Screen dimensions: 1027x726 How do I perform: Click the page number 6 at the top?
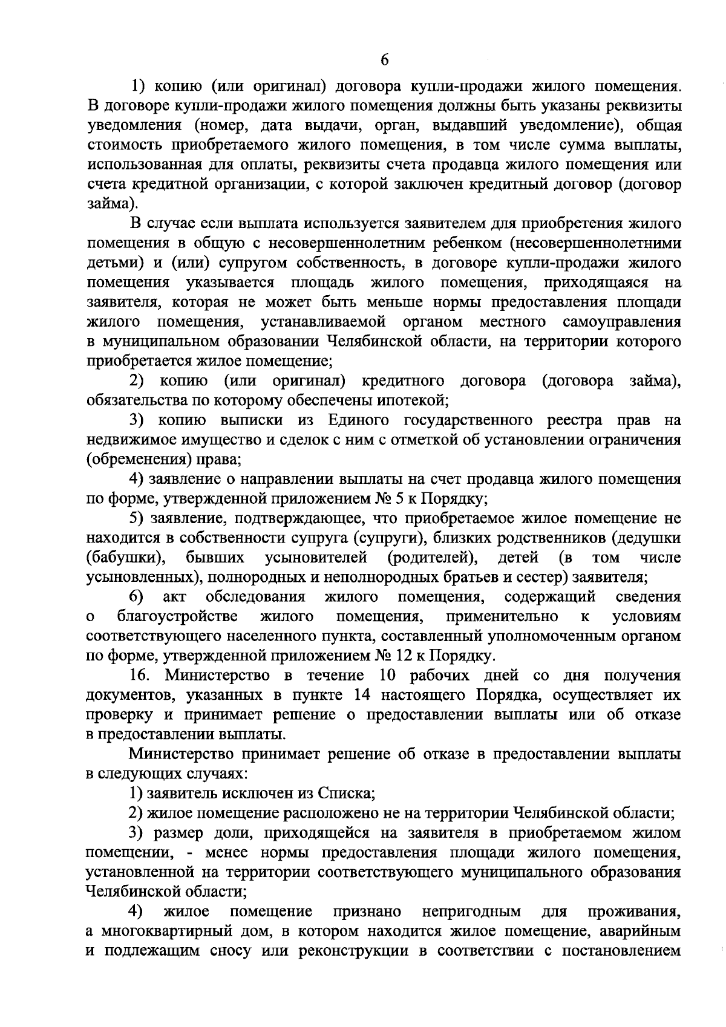[385, 59]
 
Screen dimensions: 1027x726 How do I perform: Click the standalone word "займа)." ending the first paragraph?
[113, 204]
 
